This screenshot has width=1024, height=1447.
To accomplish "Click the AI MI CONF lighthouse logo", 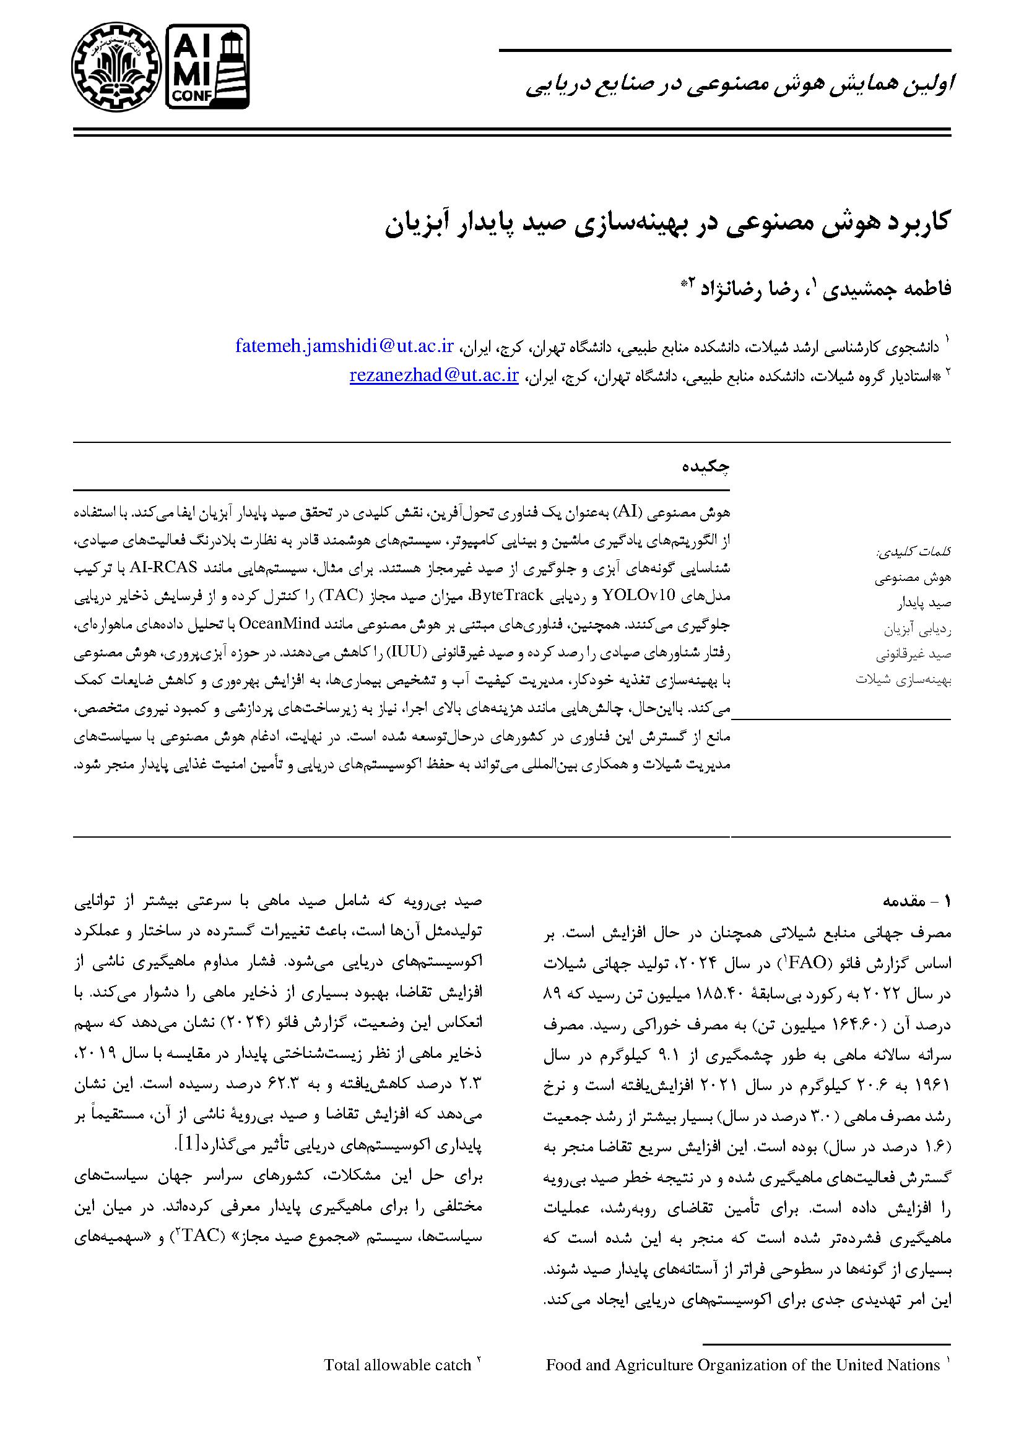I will (x=207, y=65).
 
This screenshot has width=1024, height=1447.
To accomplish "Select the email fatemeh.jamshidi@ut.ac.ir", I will (x=344, y=346).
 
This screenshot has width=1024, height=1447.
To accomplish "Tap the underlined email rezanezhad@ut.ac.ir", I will (x=434, y=376).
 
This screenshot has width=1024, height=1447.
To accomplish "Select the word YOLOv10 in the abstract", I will (x=197, y=595).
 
